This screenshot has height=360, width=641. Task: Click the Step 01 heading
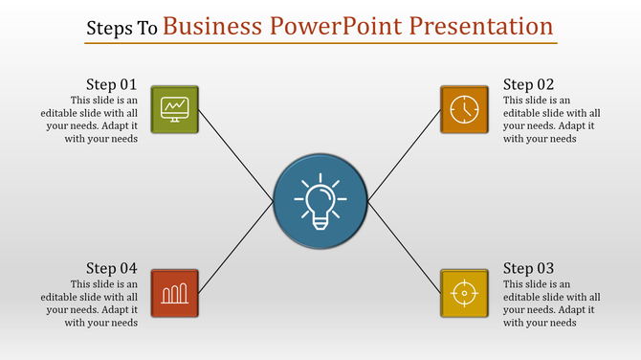click(111, 84)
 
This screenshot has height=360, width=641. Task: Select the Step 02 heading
click(528, 84)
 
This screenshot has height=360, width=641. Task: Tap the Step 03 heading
click(528, 268)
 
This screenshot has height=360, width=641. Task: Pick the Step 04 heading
click(111, 268)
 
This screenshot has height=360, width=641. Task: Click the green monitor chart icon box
click(175, 108)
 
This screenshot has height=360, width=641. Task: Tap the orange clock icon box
click(464, 108)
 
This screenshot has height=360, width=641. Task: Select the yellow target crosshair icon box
click(464, 292)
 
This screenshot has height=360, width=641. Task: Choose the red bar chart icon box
click(175, 292)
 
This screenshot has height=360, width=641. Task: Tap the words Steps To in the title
click(122, 28)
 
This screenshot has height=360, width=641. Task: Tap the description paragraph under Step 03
click(552, 304)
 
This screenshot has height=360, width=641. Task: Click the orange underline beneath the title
click(320, 42)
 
